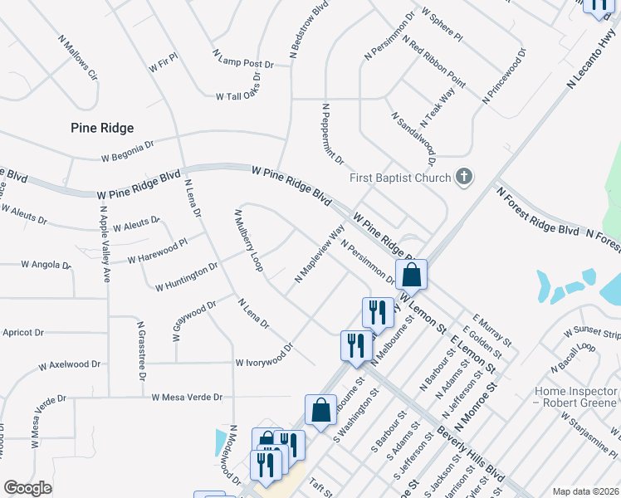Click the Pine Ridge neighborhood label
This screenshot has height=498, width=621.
[x=101, y=127]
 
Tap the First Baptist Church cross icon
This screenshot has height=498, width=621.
[x=464, y=177]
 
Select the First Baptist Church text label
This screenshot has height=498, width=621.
[x=400, y=178]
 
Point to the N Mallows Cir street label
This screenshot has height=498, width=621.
[x=78, y=57]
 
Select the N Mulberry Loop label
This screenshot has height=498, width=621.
[x=248, y=241]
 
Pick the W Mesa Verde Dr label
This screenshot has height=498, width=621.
[x=187, y=397]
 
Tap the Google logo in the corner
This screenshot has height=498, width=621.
[x=27, y=488]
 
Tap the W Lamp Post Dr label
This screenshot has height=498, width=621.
[x=243, y=58]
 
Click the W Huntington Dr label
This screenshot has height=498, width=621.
[x=186, y=277]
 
